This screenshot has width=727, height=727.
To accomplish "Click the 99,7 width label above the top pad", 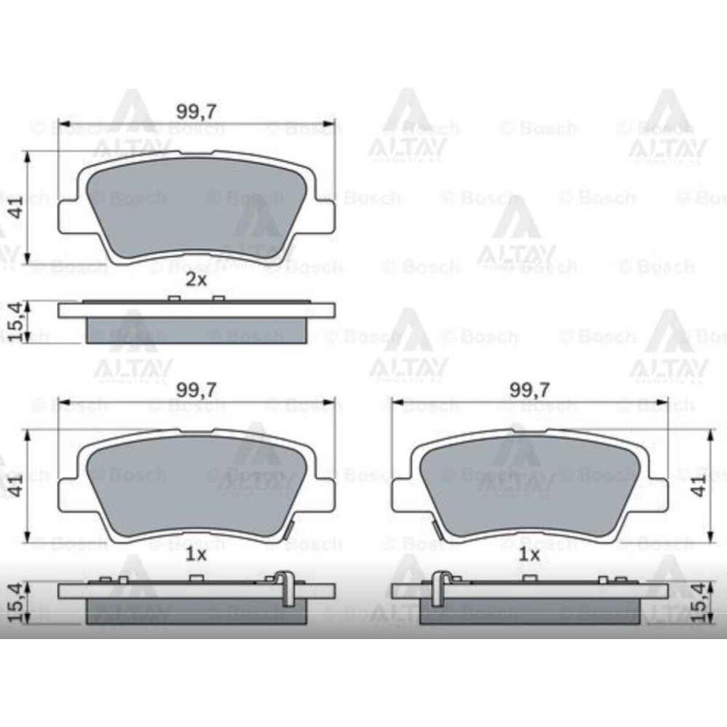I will point(196,111).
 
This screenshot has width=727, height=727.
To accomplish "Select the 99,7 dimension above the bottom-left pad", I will point(196,390).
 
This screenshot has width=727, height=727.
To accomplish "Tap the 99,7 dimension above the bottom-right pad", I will point(529,390).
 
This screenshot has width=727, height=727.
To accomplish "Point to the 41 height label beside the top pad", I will point(17,207).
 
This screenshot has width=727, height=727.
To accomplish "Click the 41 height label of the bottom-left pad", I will point(17,485).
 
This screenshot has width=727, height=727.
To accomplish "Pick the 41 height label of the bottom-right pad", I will point(701,485).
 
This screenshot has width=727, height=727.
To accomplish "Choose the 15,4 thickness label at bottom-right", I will point(701,602).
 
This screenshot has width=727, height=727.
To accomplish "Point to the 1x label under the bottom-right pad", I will point(529,555).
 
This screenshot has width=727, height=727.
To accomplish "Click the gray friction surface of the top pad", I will point(196,206).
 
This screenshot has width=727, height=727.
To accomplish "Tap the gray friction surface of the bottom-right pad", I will point(529,485).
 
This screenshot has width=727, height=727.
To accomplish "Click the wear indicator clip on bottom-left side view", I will point(285,588).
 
